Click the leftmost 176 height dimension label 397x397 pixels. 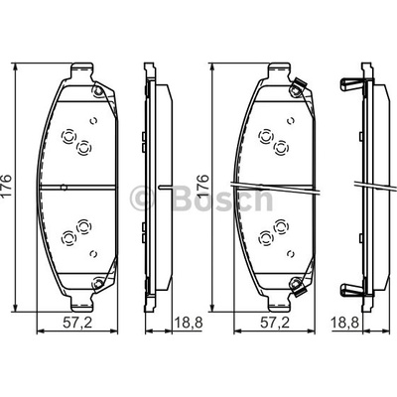7,186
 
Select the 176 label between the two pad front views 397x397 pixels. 203,187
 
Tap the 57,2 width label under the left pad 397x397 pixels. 77,322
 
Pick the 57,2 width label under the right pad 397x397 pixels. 275,322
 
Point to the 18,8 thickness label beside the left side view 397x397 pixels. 189,322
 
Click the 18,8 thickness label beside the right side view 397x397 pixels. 345,322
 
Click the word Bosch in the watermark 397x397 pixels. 222,198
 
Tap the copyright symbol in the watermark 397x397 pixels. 143,198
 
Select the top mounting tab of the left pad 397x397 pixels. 81,71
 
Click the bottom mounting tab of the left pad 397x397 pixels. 81,304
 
